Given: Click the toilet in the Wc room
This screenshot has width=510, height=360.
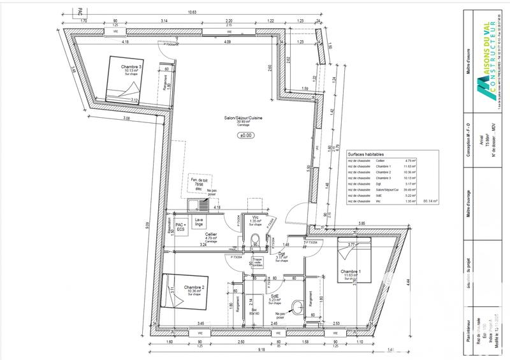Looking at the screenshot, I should tap(255, 239).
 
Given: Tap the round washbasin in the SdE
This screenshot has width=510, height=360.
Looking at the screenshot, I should tap(298, 304).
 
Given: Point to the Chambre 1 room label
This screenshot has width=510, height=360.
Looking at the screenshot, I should tap(350, 272).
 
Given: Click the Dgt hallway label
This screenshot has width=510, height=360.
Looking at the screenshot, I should tap(281, 255).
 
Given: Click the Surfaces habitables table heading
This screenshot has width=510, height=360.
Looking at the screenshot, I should tap(367, 155).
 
